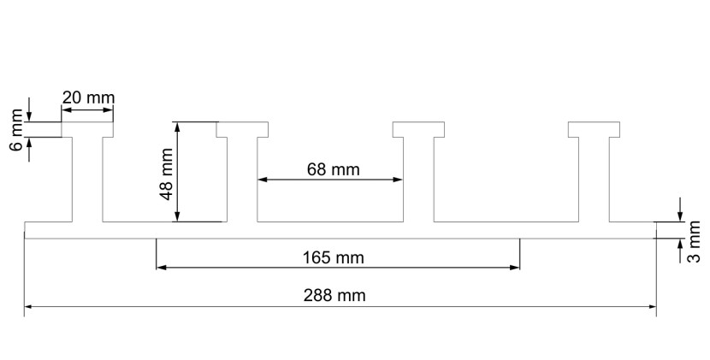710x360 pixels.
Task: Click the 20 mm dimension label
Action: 88,97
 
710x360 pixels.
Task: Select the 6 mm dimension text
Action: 16,130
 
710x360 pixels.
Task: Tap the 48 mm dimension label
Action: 167,174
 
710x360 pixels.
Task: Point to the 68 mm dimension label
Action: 334,169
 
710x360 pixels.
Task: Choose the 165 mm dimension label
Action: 334,257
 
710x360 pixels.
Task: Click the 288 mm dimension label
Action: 334,295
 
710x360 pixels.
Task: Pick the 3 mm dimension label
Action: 694,241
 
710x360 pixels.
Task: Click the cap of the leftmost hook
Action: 87,129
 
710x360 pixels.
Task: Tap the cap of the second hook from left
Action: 242,129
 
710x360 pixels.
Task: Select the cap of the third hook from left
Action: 418,129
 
